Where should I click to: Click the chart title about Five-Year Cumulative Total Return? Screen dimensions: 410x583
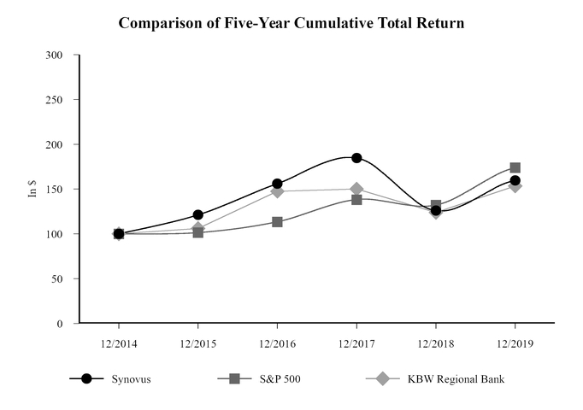[291, 23]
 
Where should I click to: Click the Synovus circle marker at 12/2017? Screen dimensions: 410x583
[356, 158]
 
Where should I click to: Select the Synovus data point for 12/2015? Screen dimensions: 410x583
[198, 215]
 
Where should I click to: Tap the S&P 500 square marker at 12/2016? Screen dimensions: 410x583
[278, 222]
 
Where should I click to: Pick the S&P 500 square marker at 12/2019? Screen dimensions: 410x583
[515, 168]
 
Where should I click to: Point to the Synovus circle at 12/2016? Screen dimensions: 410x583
[278, 184]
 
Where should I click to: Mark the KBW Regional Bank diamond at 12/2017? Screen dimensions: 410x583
[356, 189]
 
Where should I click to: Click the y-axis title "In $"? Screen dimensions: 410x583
[33, 190]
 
